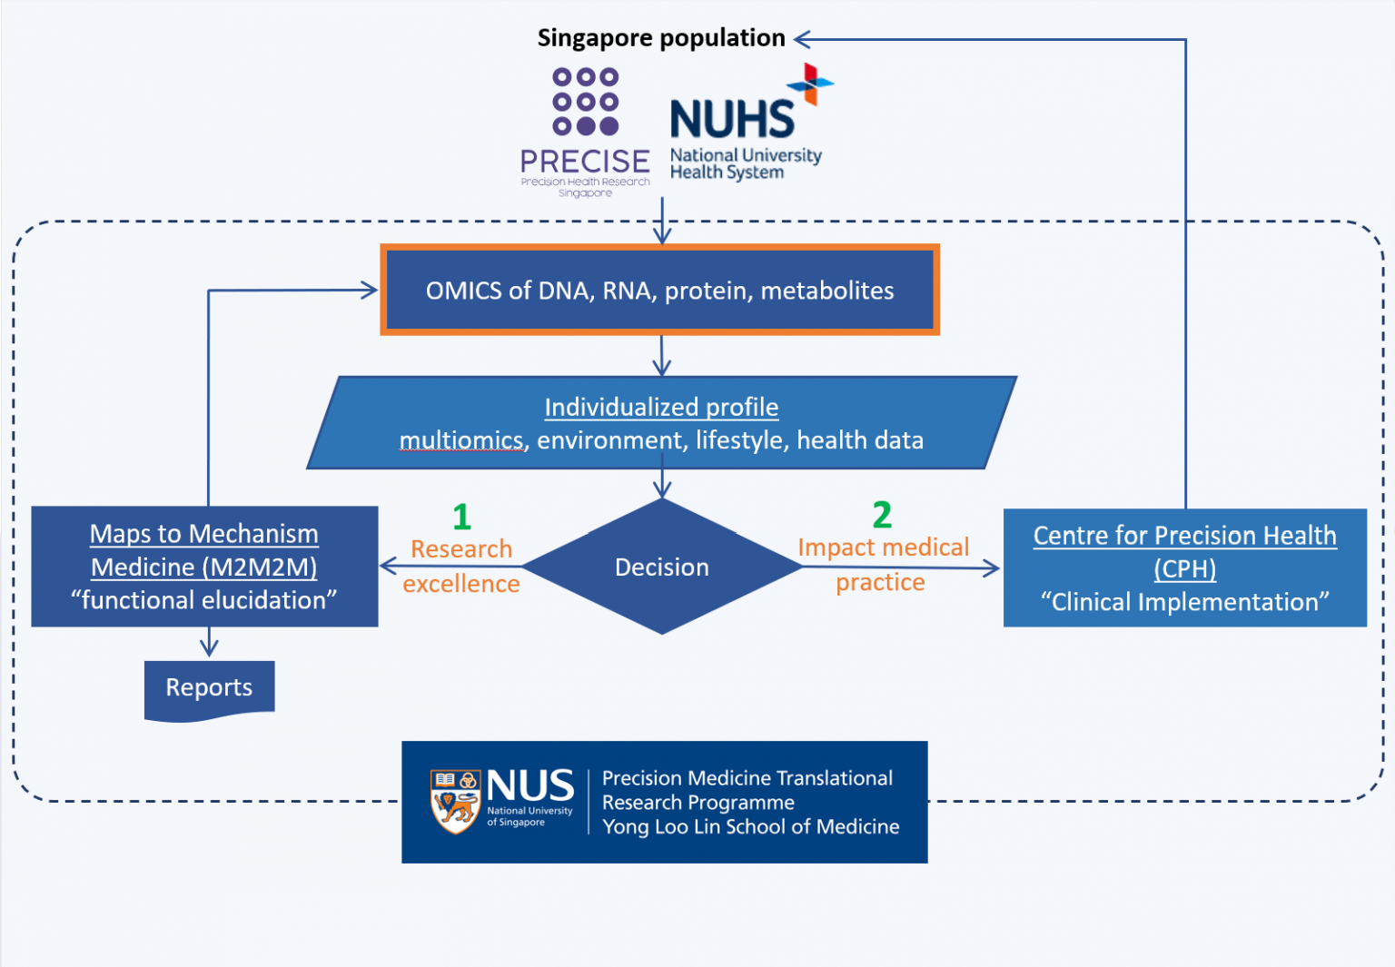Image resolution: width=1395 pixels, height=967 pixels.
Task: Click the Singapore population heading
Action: coord(660,38)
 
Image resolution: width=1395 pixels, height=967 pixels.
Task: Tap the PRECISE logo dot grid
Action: coord(586,102)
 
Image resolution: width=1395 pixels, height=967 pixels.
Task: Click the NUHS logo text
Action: coord(732,120)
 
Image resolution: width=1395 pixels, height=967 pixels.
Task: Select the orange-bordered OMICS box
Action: coord(659,291)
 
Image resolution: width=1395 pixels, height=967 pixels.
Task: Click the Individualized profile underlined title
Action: coord(661,407)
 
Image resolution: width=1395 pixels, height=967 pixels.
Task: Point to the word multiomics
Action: coord(461,440)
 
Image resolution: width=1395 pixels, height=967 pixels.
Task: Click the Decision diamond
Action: coord(662,567)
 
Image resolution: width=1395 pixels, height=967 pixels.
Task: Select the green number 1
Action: coord(461,517)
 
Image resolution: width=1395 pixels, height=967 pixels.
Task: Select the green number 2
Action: coord(882,515)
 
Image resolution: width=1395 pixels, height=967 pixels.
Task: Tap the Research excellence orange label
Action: coord(461,567)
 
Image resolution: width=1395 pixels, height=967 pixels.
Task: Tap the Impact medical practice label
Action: coord(882,564)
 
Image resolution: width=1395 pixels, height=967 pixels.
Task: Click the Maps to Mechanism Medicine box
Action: coord(204,567)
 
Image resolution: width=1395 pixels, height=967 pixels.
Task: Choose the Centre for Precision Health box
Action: coord(1184,567)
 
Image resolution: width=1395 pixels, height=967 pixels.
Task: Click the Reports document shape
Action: coord(209,689)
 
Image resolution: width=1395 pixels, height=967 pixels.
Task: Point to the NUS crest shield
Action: coord(455,801)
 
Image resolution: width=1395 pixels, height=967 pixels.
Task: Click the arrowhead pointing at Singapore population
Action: coord(802,39)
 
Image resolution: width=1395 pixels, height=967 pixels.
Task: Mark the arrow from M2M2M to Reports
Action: coord(209,643)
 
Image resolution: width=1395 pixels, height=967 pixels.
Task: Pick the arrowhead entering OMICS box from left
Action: coord(370,291)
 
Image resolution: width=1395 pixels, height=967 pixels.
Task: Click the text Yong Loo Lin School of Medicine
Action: coord(750,826)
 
